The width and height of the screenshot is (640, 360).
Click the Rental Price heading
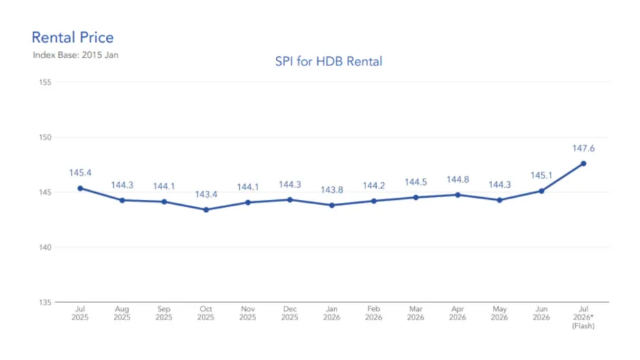click(x=73, y=38)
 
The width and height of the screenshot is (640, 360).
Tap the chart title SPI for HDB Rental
click(x=329, y=61)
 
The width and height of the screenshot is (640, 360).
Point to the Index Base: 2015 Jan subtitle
click(x=75, y=55)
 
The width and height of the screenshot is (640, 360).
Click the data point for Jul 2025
click(x=80, y=189)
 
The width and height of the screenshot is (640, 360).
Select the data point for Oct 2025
click(x=206, y=210)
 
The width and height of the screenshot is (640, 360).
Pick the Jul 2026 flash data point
click(x=584, y=164)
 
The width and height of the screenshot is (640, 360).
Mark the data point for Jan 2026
click(x=332, y=206)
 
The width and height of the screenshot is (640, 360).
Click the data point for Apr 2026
click(x=458, y=195)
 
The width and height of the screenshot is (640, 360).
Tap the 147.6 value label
click(x=584, y=149)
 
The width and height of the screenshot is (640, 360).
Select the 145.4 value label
click(x=80, y=173)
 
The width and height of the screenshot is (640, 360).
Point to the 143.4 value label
click(x=206, y=194)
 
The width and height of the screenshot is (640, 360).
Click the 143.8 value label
click(x=332, y=190)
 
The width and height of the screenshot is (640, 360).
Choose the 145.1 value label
click(x=542, y=176)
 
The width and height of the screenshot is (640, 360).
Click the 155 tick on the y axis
click(x=46, y=83)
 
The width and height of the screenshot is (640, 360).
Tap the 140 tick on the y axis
click(x=46, y=248)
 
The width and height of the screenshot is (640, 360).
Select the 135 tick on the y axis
click(x=46, y=302)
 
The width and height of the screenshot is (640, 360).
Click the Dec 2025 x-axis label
click(x=290, y=313)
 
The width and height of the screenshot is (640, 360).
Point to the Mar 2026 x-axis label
click(x=415, y=313)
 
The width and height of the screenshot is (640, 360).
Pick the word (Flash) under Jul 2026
click(x=584, y=326)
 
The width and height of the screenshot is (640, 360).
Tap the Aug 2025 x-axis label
click(x=122, y=313)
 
